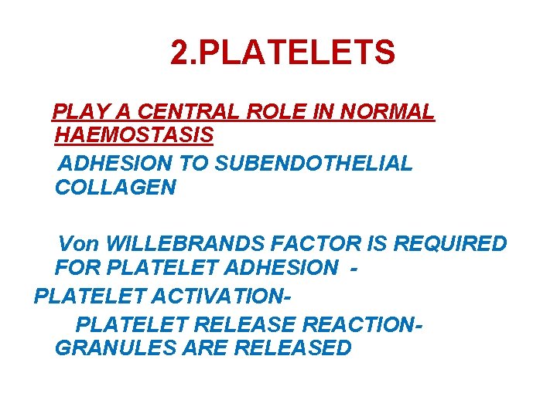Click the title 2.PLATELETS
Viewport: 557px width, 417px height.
(x=282, y=53)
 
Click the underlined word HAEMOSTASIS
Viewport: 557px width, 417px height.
(x=134, y=136)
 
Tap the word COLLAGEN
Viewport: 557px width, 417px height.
(x=115, y=188)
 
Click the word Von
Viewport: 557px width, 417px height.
(x=79, y=245)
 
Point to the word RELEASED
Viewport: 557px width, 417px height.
(x=292, y=347)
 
